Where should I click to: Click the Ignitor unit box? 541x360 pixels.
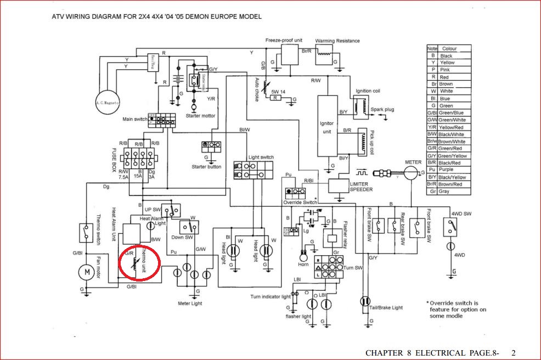pyautogui.click(x=327, y=127)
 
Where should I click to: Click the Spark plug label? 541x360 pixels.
pyautogui.click(x=382, y=109)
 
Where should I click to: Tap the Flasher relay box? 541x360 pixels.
pyautogui.click(x=333, y=239)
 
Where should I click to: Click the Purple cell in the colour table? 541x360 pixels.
pyautogui.click(x=448, y=170)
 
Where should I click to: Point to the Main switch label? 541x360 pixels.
pyautogui.click(x=134, y=119)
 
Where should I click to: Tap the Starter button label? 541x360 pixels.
pyautogui.click(x=206, y=166)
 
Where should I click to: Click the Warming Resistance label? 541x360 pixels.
pyautogui.click(x=337, y=41)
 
